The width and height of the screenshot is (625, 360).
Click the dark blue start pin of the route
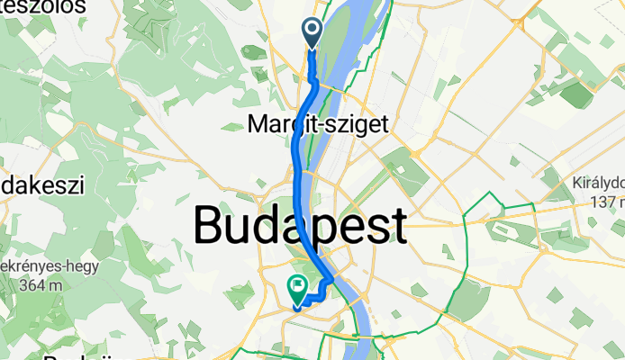[x=312, y=32]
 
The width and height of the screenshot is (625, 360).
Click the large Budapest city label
[x=299, y=225]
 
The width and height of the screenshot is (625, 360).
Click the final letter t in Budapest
[x=394, y=225]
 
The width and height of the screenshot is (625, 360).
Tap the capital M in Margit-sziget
[x=257, y=125]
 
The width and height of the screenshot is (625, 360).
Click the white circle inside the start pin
[x=312, y=29]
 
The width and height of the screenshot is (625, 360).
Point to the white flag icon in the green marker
[x=297, y=285]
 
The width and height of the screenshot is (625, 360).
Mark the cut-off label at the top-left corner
[x=42, y=7]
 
